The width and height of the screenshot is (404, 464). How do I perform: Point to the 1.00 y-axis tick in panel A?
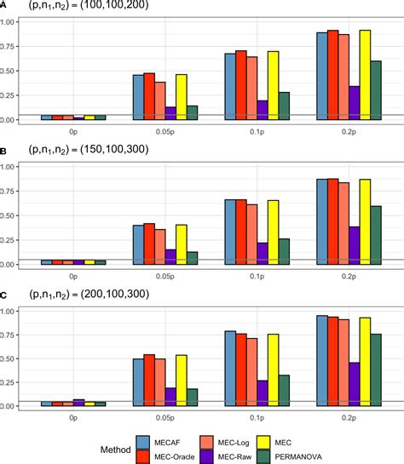point(16,22)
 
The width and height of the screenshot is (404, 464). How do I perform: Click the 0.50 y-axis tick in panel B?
point(16,215)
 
